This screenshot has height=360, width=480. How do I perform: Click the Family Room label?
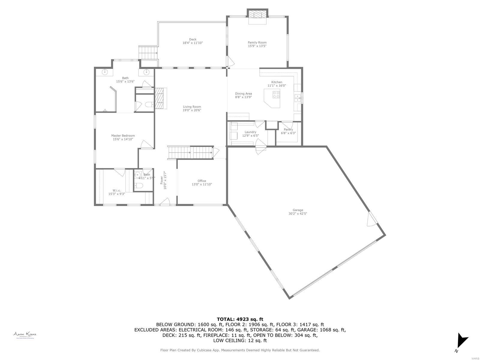tap(257, 43)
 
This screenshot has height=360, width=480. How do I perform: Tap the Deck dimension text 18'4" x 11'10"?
tap(193, 43)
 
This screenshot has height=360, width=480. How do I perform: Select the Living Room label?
tap(192, 107)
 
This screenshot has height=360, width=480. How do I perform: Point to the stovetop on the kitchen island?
tap(276, 95)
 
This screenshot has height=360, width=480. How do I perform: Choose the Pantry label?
tap(288, 130)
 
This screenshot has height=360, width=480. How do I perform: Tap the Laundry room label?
tap(250, 132)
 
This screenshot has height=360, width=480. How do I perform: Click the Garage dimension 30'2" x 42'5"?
tap(298, 214)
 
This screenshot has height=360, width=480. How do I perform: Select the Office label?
tap(202, 181)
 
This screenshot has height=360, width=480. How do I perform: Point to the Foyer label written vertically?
tap(162, 180)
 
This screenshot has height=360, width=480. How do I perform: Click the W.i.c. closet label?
tap(117, 190)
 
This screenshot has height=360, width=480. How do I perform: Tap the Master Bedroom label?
tap(123, 136)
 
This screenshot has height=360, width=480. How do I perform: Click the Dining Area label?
tap(243, 94)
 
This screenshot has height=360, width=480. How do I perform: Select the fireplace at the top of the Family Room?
tap(257, 15)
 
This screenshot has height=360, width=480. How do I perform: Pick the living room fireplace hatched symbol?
tap(160, 98)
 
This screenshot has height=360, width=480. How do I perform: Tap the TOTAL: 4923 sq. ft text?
tap(240, 319)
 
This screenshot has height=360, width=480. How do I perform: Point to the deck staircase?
tap(148, 53)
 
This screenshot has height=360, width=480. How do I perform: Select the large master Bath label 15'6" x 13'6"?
tap(125, 80)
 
